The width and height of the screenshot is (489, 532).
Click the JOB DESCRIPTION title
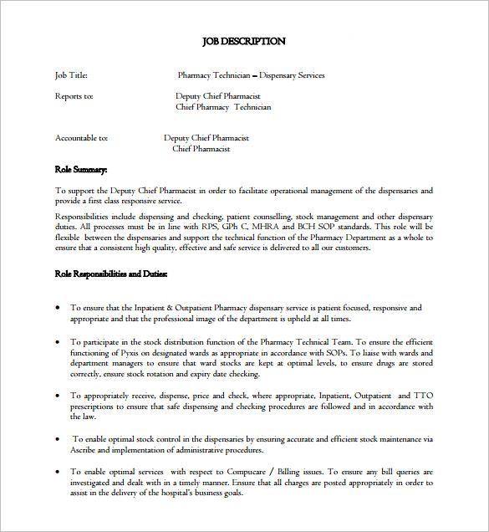click(x=244, y=41)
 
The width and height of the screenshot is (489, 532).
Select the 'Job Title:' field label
click(x=71, y=75)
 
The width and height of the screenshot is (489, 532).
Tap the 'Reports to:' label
click(x=74, y=96)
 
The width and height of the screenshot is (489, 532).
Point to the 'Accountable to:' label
click(x=81, y=138)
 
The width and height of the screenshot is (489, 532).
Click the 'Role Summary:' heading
click(x=81, y=170)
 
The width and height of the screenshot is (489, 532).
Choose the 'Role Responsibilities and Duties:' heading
click(x=111, y=274)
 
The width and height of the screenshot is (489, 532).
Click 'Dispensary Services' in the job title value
click(x=292, y=75)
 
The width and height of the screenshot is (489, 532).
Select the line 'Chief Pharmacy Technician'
click(x=223, y=107)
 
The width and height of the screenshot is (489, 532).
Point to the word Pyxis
click(x=117, y=352)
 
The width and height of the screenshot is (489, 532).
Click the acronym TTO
click(x=424, y=396)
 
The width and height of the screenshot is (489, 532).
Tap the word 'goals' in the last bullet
click(x=231, y=493)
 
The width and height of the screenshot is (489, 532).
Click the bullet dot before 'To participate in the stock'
click(x=58, y=342)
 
